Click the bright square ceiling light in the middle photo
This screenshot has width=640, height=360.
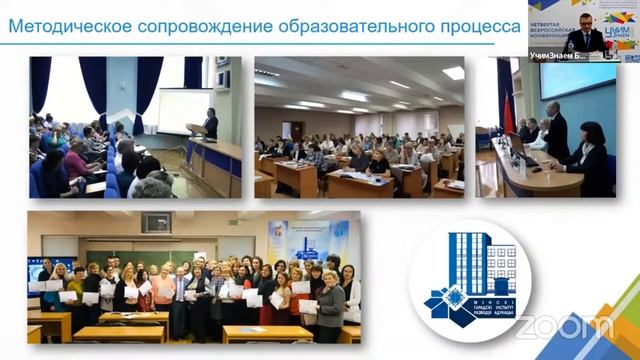[x=453, y=73]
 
